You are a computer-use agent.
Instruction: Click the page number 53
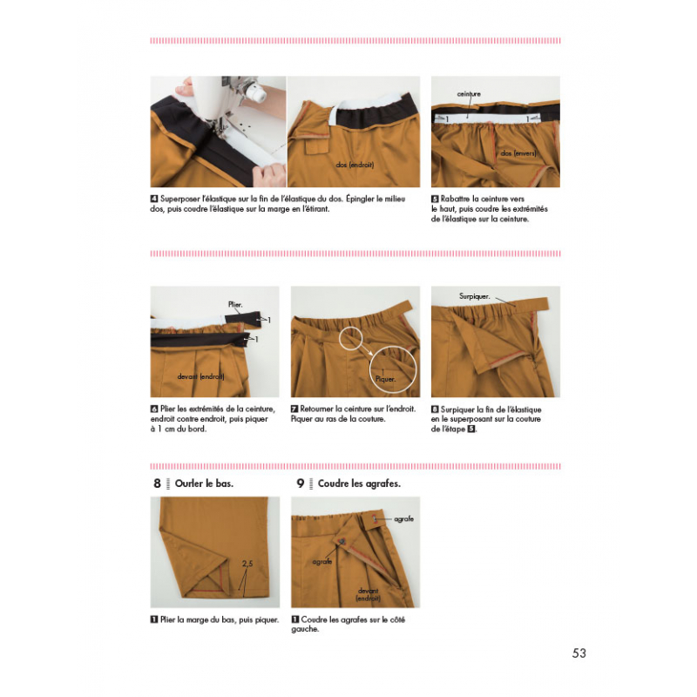click(579, 653)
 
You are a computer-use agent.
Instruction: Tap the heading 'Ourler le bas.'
click(204, 484)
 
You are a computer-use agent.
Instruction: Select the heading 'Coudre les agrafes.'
click(359, 484)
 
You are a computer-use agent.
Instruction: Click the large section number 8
click(157, 484)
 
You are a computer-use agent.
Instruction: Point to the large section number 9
click(301, 484)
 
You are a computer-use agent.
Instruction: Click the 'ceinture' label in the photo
click(469, 94)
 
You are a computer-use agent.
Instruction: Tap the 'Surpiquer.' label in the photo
click(474, 296)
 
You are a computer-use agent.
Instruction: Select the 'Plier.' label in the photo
click(235, 304)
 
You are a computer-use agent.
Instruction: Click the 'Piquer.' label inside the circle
click(385, 379)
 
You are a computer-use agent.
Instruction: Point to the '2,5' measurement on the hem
click(247, 563)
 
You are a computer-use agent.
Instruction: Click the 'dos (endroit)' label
click(355, 165)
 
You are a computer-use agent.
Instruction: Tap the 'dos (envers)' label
click(518, 153)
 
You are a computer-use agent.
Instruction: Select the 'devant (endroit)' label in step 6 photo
click(200, 376)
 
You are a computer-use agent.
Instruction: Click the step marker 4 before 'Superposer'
click(154, 199)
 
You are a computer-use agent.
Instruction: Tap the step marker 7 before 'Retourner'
click(294, 409)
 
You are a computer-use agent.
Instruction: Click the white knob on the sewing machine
click(257, 91)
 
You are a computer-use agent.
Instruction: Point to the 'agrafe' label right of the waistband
click(403, 518)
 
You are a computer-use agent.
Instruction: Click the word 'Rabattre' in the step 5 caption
click(454, 199)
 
